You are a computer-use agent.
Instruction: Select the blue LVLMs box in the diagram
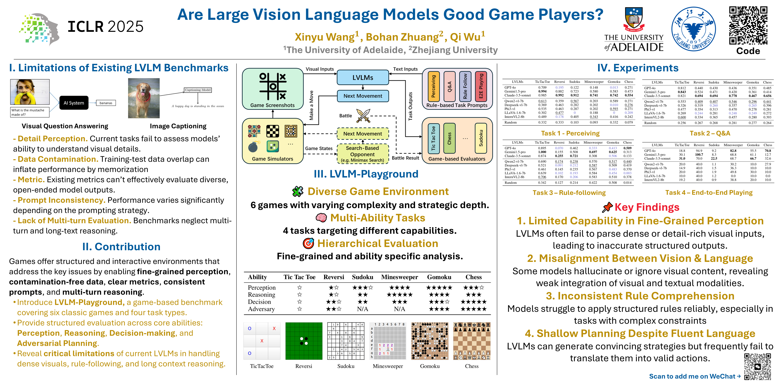(x=363, y=77)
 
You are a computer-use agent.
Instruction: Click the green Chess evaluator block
(x=449, y=138)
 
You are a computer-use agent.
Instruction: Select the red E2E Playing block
(x=481, y=87)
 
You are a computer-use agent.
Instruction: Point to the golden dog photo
(x=144, y=98)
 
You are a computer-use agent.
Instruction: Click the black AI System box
(x=74, y=103)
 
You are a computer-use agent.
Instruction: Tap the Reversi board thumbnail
(x=304, y=341)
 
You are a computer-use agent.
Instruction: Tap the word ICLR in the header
(x=85, y=27)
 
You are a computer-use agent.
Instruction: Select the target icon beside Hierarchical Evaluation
(x=308, y=243)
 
